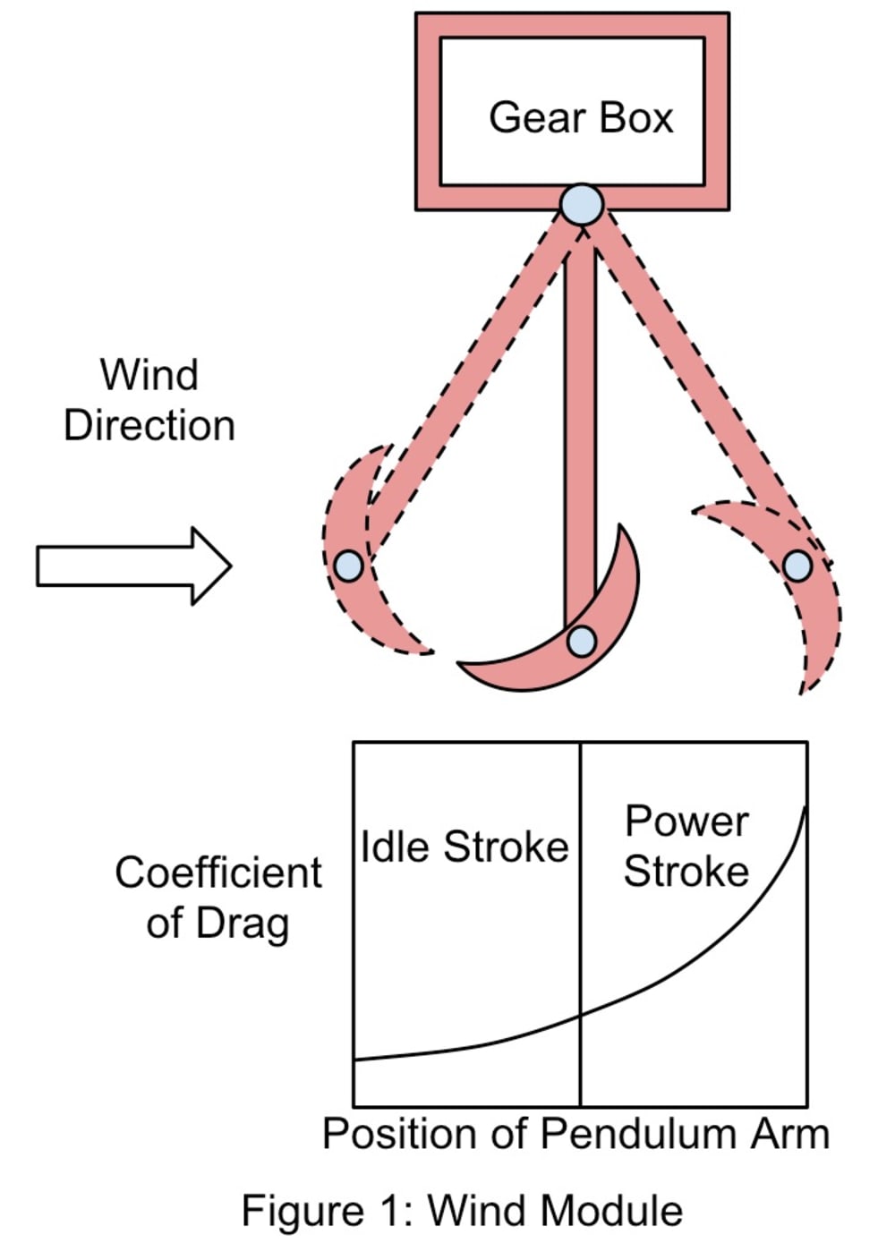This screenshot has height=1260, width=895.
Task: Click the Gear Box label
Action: point(580,118)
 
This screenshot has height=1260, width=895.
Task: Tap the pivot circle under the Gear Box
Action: point(582,204)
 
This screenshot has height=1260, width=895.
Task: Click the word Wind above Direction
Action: point(149,374)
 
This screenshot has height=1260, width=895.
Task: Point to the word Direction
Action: point(149,425)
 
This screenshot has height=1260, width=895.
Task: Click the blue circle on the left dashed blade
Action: point(348,566)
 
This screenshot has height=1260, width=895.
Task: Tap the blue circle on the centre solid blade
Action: point(582,641)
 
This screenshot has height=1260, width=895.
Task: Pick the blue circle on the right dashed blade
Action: point(797,566)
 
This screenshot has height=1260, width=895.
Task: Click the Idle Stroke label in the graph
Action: point(464,847)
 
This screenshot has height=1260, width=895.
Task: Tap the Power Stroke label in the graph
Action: point(686,846)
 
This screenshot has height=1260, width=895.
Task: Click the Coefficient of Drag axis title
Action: point(217,897)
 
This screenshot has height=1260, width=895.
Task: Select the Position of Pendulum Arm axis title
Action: point(575,1134)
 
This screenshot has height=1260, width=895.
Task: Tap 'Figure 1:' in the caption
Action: point(300,1211)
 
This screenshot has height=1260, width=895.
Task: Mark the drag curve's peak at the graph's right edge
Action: point(805,809)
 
